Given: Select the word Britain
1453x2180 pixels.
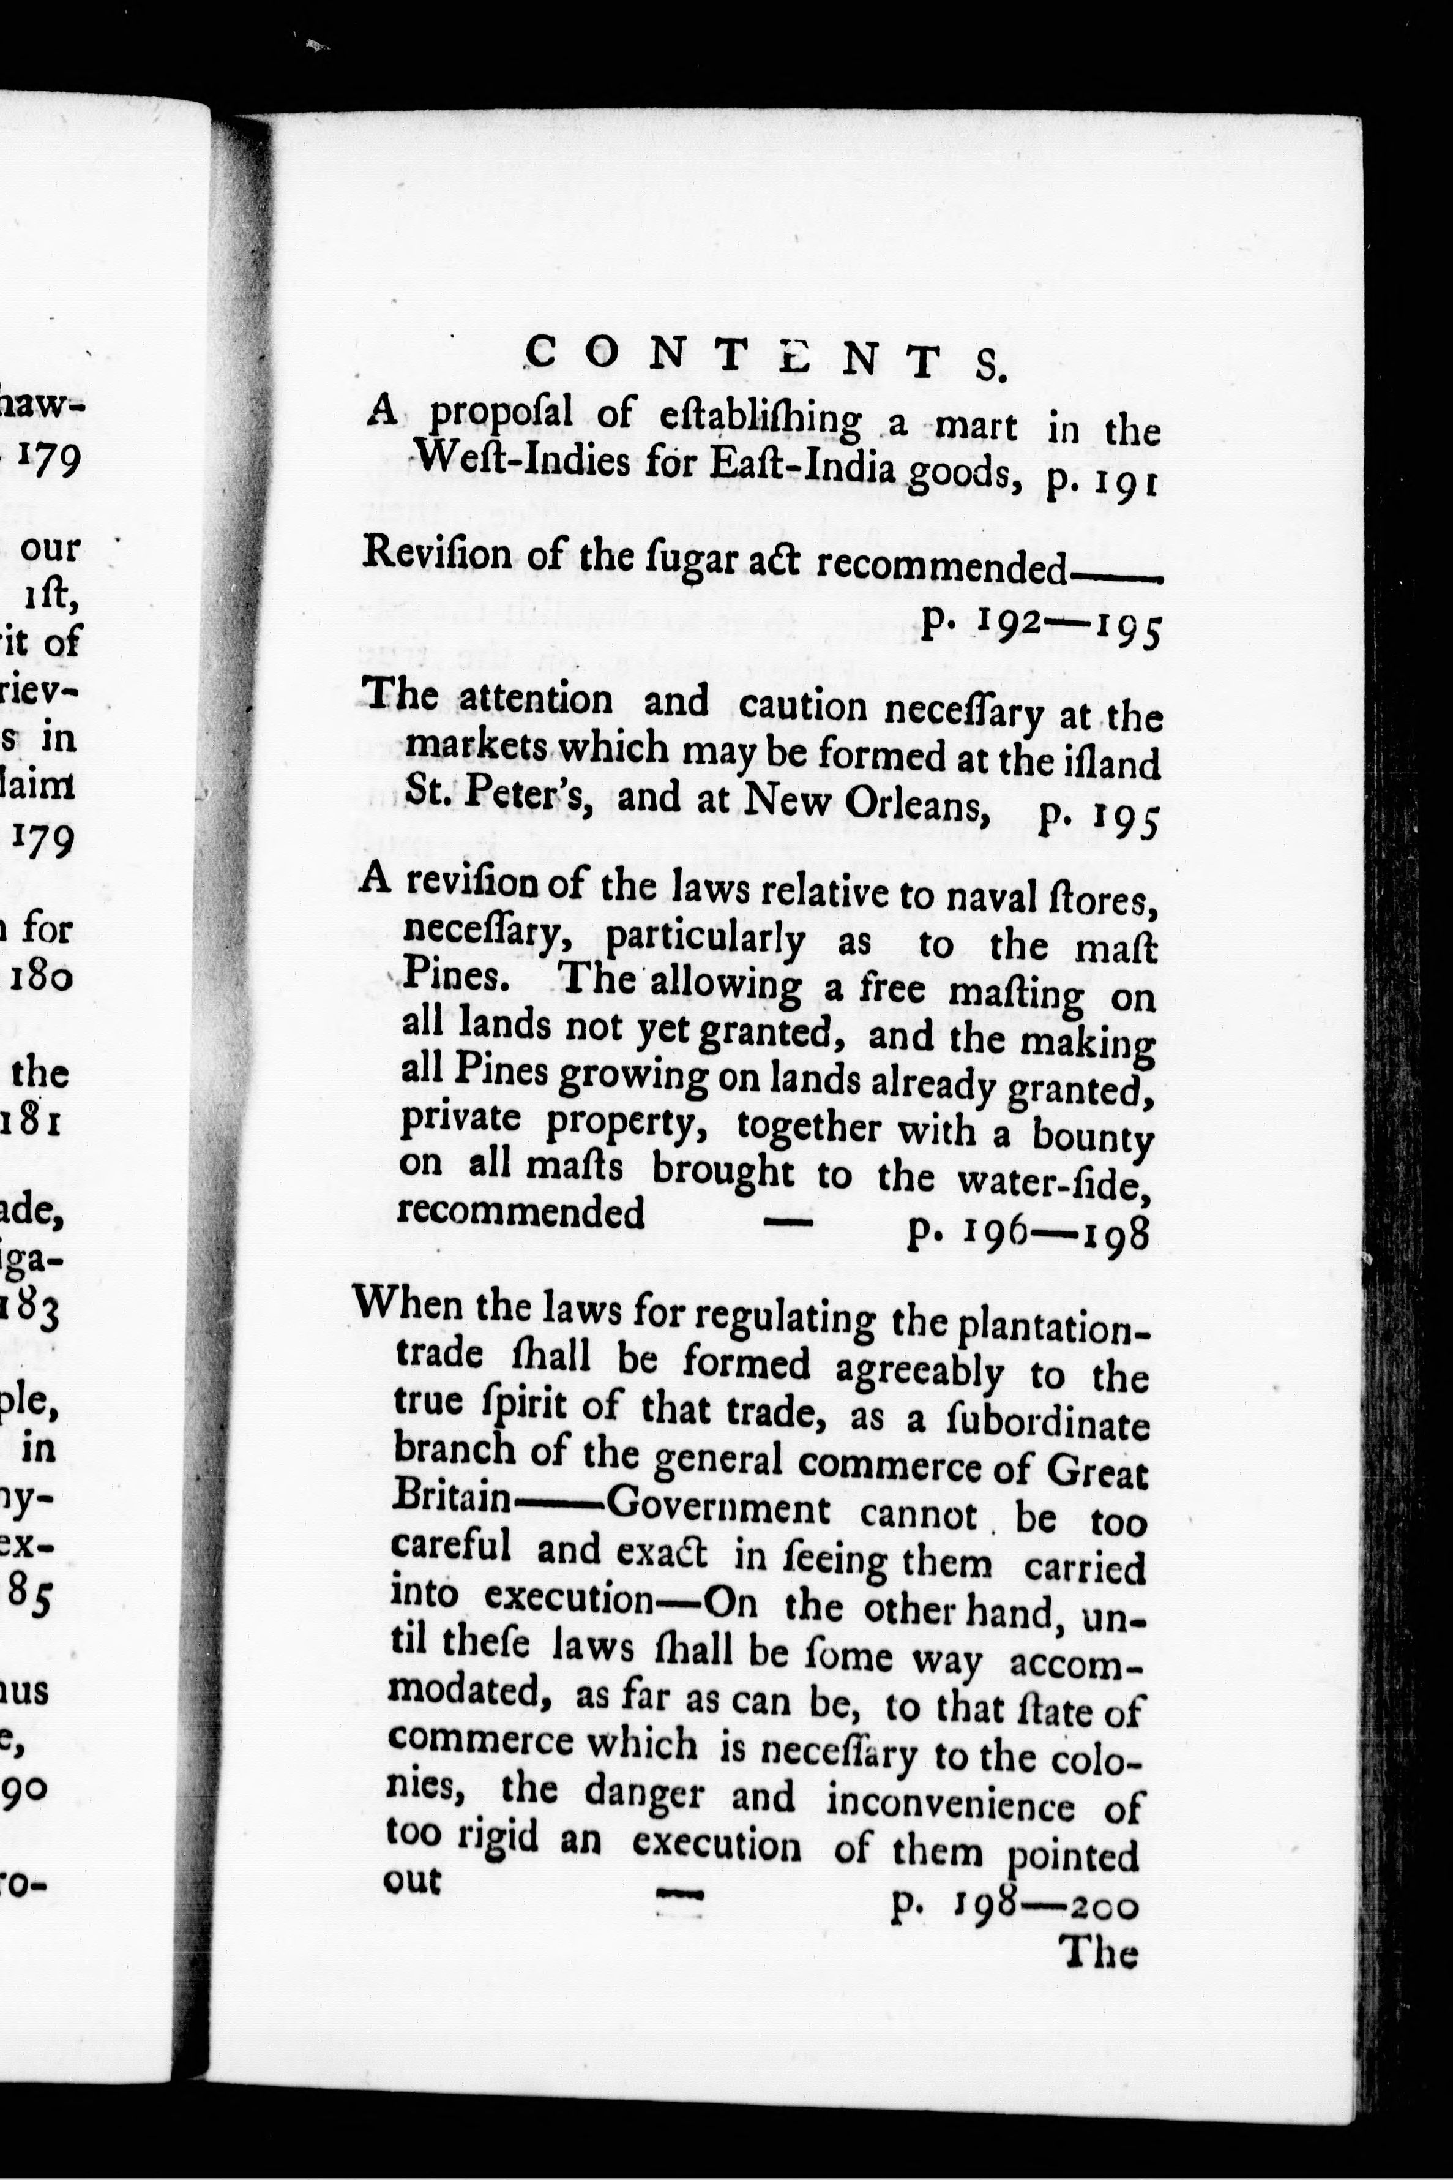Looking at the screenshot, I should (x=452, y=1497).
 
